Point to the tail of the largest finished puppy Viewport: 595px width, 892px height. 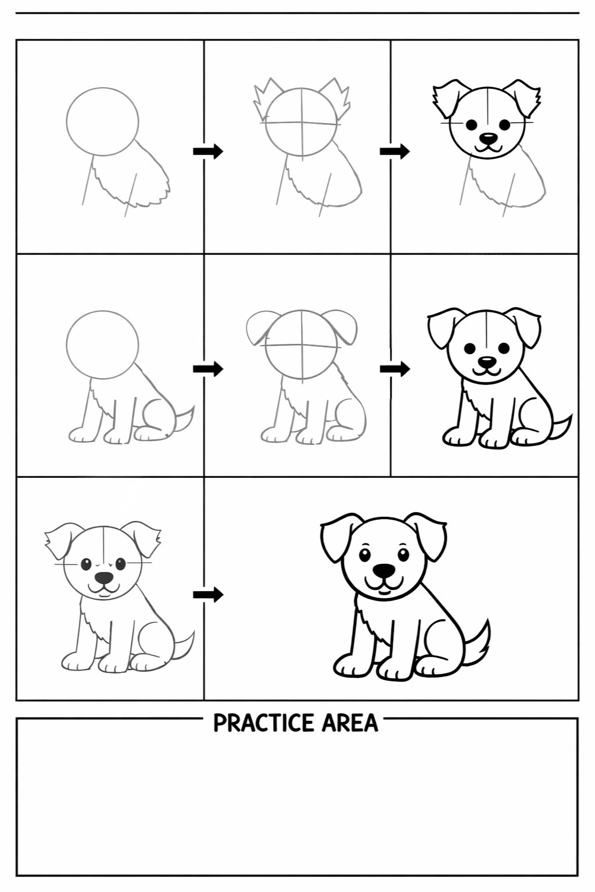479,642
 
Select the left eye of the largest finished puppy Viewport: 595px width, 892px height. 365,555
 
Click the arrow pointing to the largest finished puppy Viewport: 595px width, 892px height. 208,595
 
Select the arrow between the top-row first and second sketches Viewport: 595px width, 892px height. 208,152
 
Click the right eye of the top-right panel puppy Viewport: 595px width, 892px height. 504,125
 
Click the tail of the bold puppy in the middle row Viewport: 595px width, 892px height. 562,427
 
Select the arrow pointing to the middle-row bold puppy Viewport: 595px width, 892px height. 395,369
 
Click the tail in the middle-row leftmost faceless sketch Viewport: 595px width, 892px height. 185,419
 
